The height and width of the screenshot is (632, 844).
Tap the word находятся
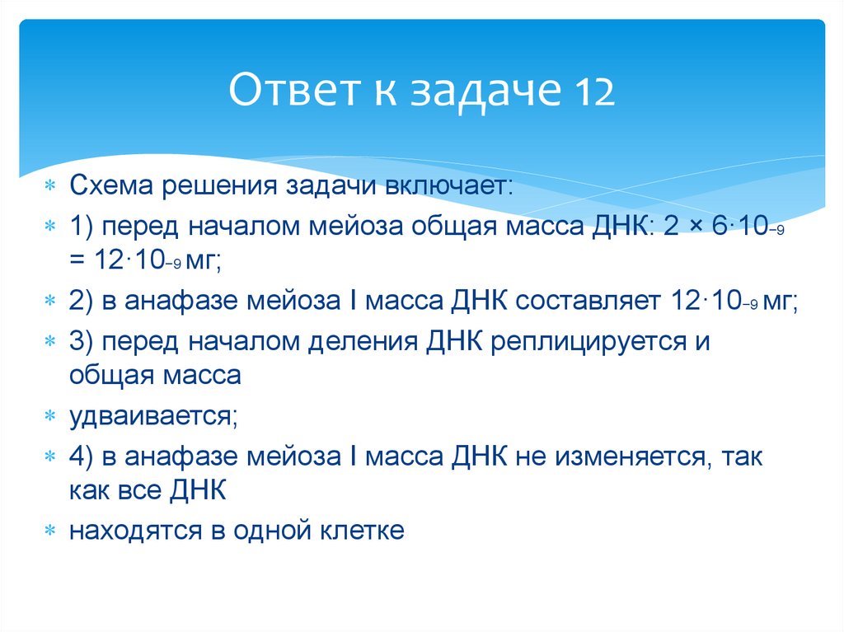132,530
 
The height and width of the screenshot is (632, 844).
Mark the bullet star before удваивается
50,417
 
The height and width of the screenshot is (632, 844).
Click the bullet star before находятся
50,531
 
